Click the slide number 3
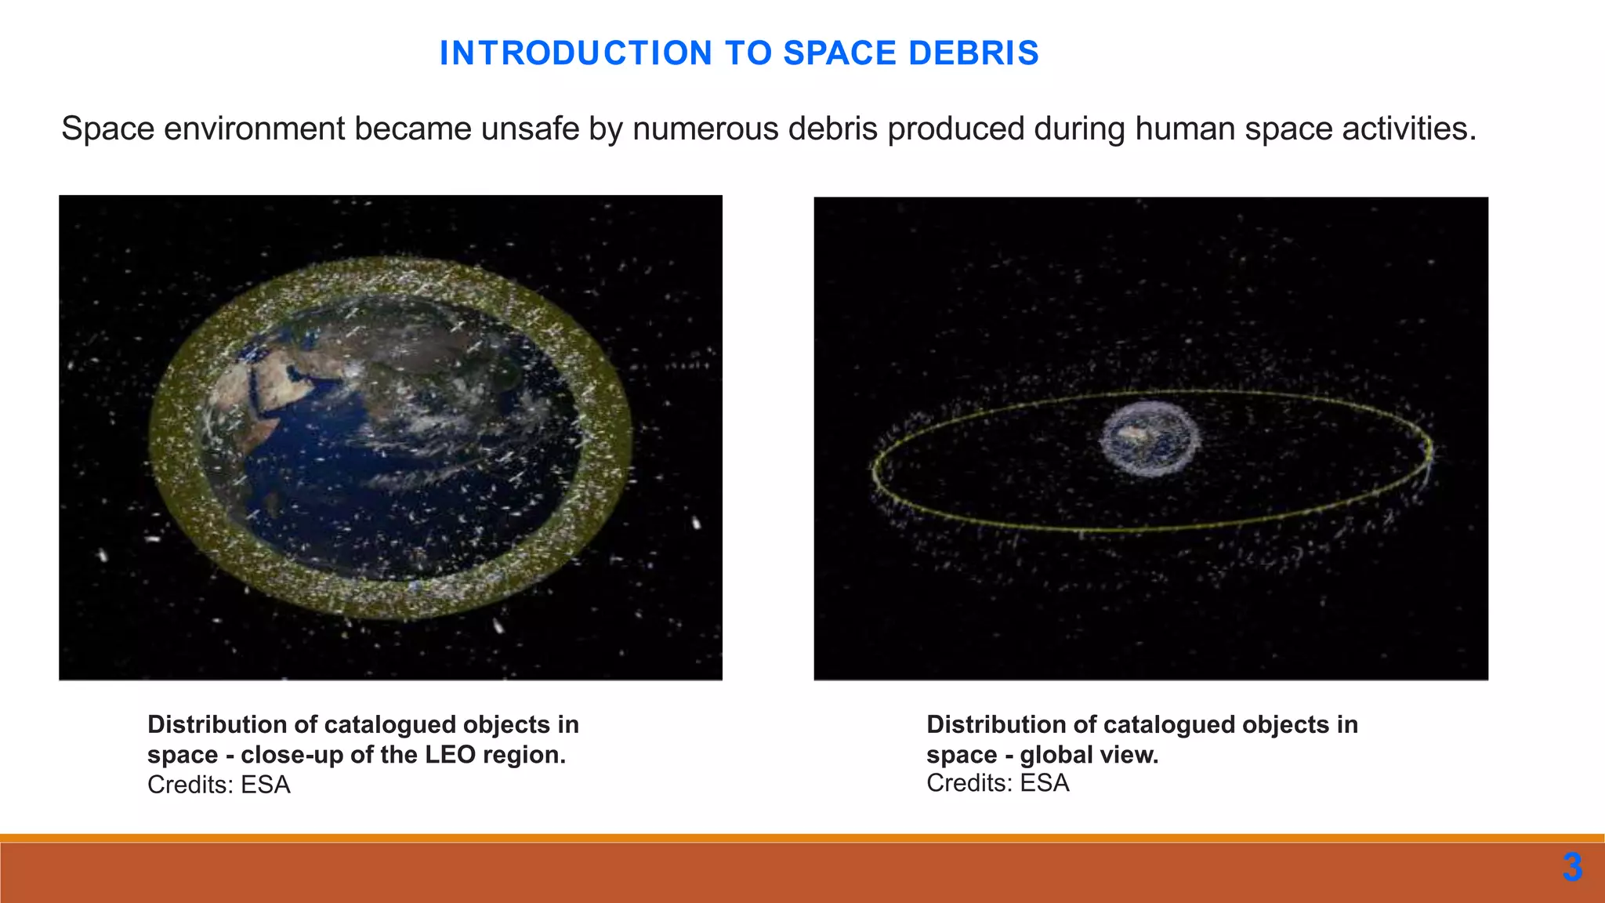pos(1571,868)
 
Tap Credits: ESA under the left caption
pos(219,785)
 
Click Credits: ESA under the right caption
pos(998,783)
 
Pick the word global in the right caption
pos(1053,755)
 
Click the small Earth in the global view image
pos(1150,439)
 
